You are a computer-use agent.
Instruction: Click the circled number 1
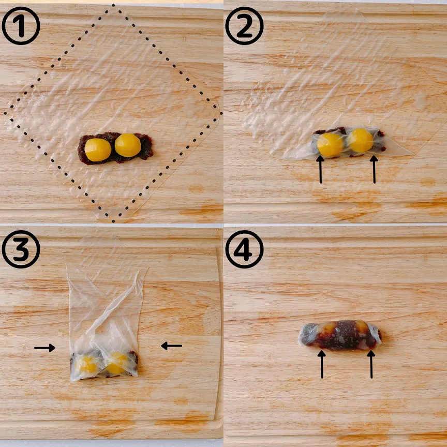pos(21,26)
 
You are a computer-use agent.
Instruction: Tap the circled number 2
pos(244,26)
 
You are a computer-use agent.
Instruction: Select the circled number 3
pos(21,249)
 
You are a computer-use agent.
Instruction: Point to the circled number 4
pos(244,249)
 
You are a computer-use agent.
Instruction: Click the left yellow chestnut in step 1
pos(98,150)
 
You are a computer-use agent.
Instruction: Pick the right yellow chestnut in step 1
pos(128,145)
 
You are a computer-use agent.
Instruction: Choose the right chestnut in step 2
pos(360,141)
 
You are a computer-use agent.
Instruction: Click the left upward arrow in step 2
pos(320,169)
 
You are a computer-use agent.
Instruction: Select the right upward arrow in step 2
pos(374,169)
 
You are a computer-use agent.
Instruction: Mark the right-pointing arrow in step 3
pos(44,348)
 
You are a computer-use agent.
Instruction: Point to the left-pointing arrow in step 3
pos(171,346)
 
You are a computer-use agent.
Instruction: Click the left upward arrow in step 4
pos(322,364)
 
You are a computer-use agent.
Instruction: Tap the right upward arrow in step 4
pos(371,364)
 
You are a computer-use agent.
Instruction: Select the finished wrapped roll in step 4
pos(340,335)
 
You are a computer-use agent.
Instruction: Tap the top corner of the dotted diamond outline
pos(113,5)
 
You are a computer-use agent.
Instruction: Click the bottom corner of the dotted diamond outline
pos(113,221)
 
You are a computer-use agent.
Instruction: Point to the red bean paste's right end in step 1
pos(153,147)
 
